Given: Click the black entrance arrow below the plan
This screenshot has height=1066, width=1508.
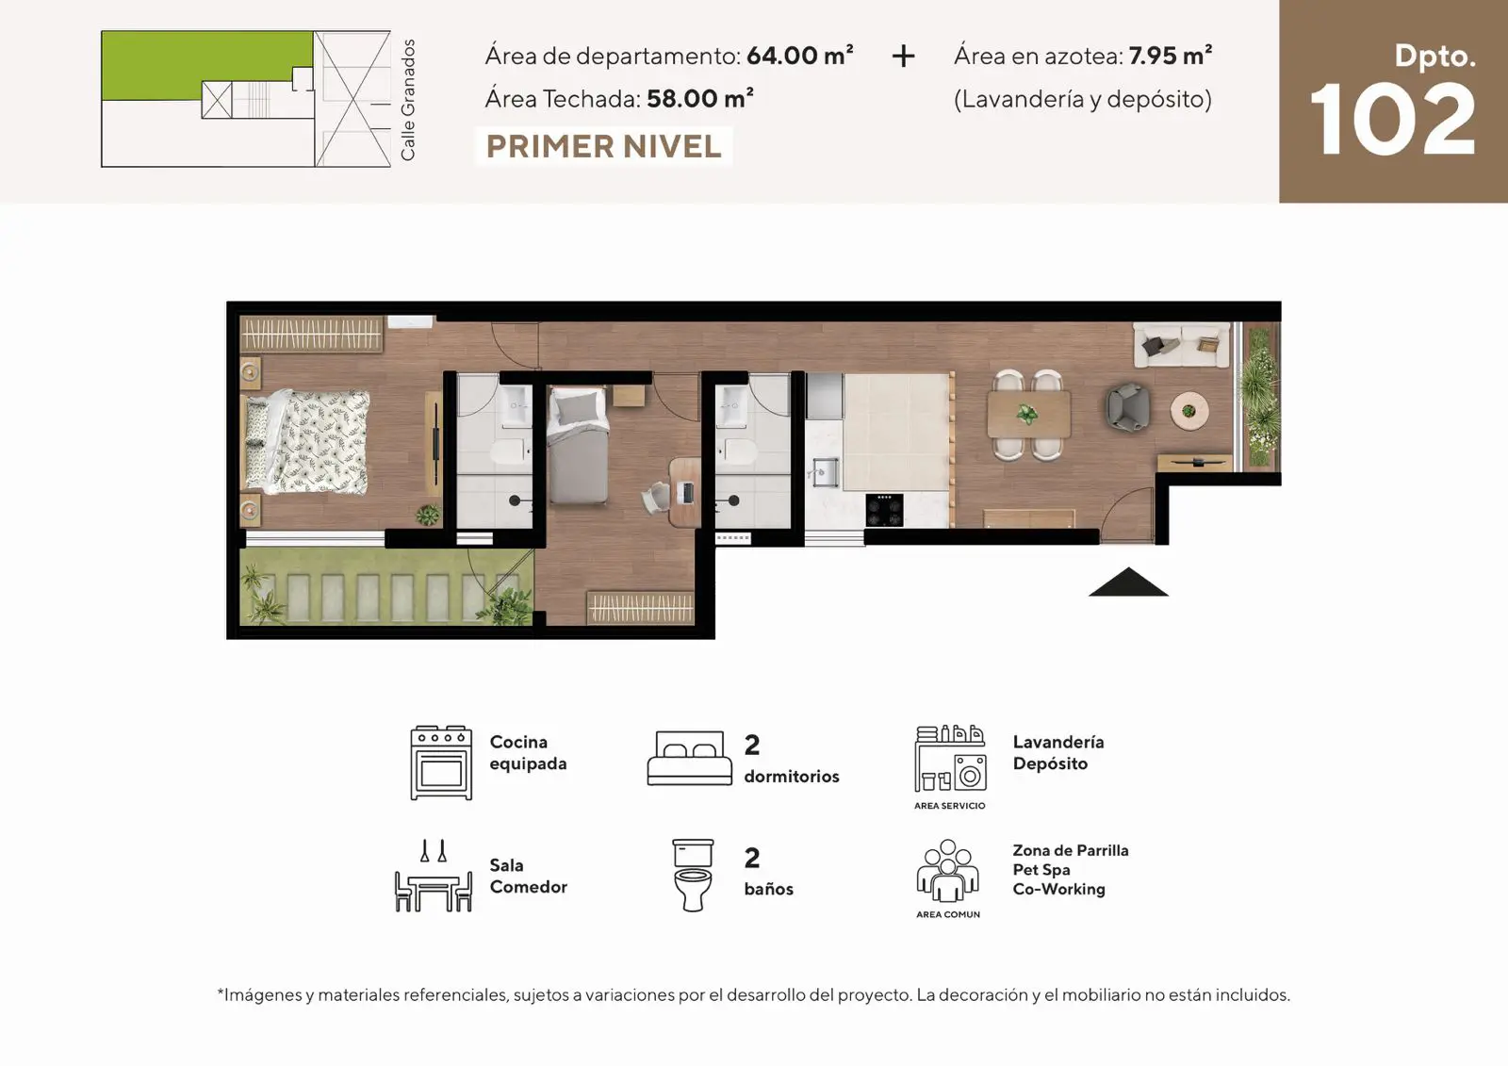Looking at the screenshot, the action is [x=1128, y=582].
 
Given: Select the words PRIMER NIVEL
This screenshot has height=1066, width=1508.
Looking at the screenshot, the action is [x=603, y=147].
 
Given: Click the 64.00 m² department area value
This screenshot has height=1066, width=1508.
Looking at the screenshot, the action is [x=800, y=56].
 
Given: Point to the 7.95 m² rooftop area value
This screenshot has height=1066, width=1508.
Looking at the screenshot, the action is [x=1170, y=56].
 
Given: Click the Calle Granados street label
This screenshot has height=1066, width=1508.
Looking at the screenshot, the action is [x=408, y=100].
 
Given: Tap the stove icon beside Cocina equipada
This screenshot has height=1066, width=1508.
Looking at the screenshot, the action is [x=441, y=763].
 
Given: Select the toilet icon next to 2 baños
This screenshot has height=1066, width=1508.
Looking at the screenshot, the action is [x=693, y=875].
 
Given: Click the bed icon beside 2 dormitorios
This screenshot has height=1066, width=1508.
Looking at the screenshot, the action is [x=689, y=758].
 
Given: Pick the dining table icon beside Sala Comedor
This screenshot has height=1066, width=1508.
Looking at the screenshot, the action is [x=434, y=876].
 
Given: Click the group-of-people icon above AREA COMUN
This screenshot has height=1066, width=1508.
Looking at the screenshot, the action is [x=947, y=870].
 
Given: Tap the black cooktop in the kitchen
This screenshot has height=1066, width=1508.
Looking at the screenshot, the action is [x=885, y=510].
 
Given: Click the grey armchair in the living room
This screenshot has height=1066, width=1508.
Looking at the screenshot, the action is [x=1127, y=407].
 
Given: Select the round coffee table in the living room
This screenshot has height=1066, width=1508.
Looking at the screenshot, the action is [x=1189, y=409].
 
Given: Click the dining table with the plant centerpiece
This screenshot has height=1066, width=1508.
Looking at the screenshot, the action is [x=1028, y=415].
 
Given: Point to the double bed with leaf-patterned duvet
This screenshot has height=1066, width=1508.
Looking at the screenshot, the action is [x=307, y=442].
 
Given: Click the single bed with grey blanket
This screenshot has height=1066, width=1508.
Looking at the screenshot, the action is [x=578, y=446].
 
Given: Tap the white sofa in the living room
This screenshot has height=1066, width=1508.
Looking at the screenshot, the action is [x=1182, y=345].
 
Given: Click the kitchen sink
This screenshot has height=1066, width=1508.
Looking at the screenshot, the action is [x=824, y=471].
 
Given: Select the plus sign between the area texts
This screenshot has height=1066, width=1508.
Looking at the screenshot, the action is [x=903, y=56].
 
